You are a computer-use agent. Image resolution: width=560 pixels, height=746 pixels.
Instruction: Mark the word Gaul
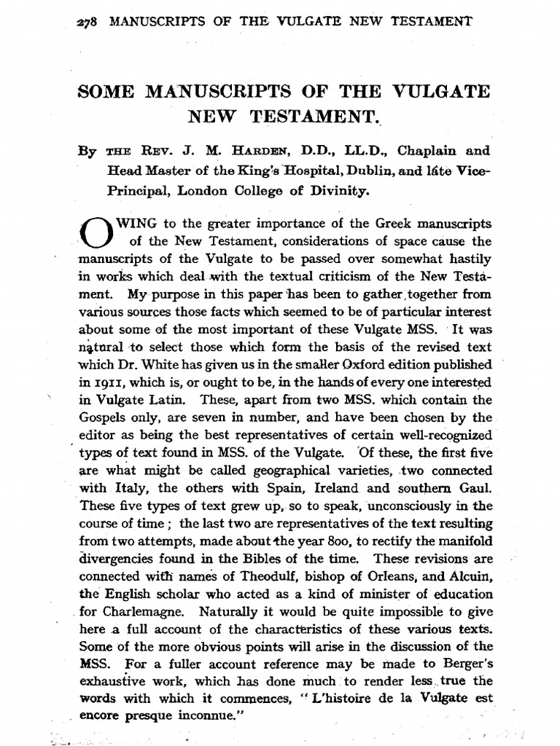point(478,487)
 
